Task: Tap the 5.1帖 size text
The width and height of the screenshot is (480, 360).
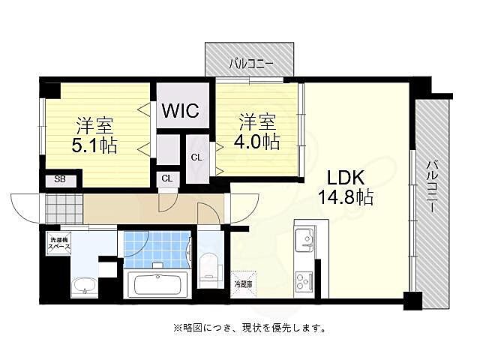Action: (x=95, y=145)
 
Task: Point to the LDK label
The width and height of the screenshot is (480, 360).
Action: (x=345, y=178)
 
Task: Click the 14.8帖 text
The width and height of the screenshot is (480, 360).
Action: (x=344, y=198)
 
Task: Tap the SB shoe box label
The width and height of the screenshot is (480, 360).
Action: (x=58, y=180)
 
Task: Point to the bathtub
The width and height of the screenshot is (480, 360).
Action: (x=158, y=284)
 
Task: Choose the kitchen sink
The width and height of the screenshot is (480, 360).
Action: (x=306, y=241)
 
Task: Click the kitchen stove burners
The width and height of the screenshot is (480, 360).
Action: (x=306, y=281)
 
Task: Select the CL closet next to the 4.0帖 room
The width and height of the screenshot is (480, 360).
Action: (x=196, y=157)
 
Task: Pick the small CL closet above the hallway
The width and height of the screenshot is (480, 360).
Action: (x=166, y=178)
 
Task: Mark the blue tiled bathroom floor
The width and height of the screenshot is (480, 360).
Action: (x=154, y=247)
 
